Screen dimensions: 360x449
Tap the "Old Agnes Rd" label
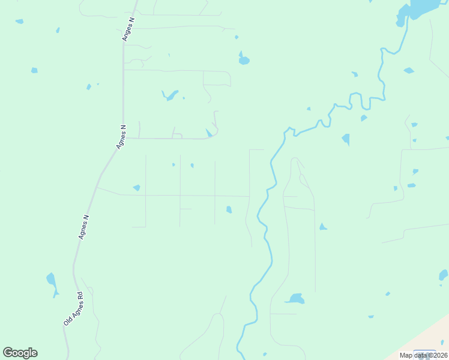(73, 309)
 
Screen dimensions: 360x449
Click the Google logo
(20, 353)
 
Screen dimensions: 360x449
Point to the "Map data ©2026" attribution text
(423, 355)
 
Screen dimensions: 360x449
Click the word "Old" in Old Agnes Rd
(67, 321)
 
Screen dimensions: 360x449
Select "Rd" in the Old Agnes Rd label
(79, 296)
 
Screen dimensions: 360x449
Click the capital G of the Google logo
(8, 353)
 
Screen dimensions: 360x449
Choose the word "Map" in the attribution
(406, 355)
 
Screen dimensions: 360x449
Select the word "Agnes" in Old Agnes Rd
(73, 308)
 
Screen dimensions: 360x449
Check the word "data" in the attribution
(419, 355)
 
